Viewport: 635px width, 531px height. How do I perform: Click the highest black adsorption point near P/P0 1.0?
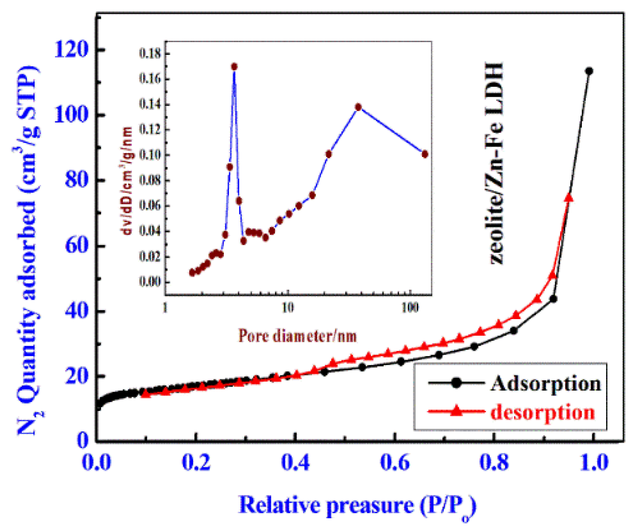click(589, 71)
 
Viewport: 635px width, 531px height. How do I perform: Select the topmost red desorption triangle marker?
click(569, 198)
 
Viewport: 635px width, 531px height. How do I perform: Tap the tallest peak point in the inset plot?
click(234, 67)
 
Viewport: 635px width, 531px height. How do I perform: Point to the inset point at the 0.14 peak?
click(359, 107)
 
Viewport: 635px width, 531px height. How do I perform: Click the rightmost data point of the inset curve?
click(425, 154)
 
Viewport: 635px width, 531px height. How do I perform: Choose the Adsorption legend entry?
click(515, 383)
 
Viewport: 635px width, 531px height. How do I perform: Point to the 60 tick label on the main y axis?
click(76, 246)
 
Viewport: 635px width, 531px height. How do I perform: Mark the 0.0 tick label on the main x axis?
click(97, 462)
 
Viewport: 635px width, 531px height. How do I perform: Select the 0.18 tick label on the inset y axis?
click(150, 54)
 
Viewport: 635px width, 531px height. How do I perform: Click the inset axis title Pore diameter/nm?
click(297, 336)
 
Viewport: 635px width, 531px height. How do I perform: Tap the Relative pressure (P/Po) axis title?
click(357, 506)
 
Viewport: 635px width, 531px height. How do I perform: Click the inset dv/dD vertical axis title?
click(128, 180)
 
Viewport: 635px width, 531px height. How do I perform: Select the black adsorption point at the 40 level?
click(553, 299)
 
